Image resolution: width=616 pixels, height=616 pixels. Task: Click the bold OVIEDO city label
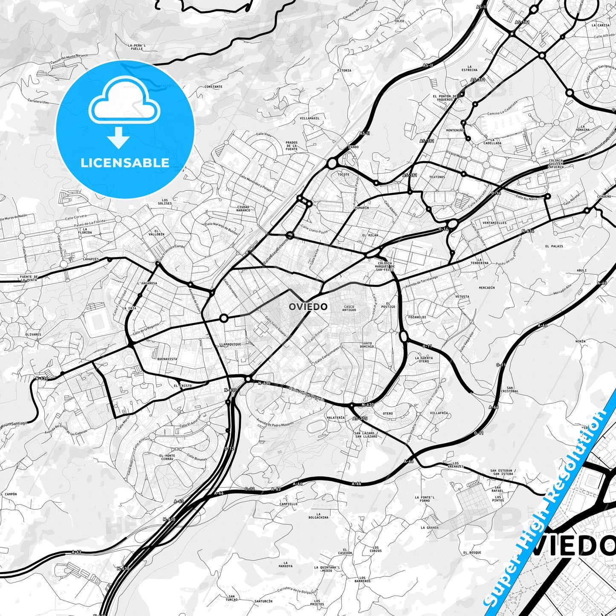308,307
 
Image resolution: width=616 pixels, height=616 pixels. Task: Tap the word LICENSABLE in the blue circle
125,163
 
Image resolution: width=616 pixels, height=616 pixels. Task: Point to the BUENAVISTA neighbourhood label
167,359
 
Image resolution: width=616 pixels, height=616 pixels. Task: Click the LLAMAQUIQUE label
230,344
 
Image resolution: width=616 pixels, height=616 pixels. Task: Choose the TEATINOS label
437,177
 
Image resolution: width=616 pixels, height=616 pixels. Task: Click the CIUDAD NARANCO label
243,209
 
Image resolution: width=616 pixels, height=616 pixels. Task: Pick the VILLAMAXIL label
309,118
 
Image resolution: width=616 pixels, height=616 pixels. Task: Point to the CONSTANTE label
213,87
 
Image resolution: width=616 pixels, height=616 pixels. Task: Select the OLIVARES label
33,334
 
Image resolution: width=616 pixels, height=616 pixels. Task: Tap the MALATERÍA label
335,418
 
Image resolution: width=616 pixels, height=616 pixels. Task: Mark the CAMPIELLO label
288,504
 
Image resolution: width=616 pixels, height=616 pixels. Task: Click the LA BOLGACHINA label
318,515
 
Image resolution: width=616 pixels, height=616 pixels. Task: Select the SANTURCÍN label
263,601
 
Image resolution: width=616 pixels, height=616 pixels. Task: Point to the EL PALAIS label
554,246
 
